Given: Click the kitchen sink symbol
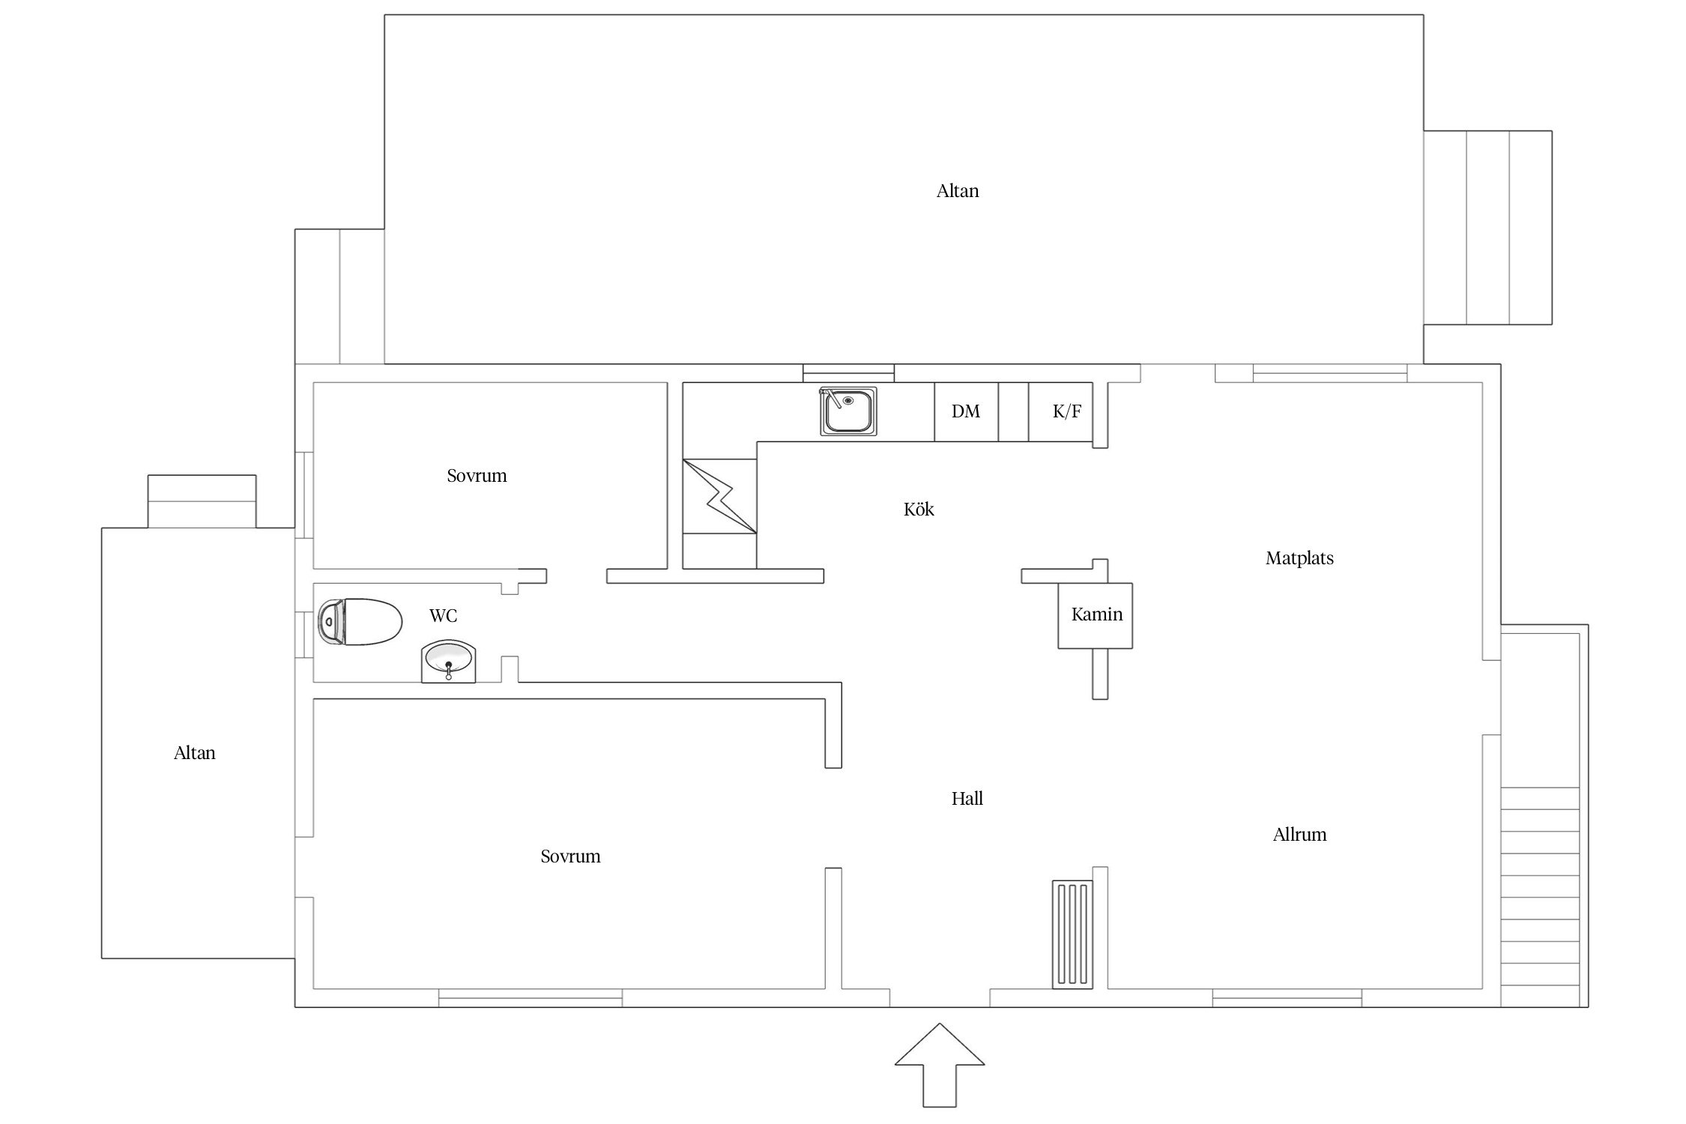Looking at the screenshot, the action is pyautogui.click(x=848, y=411).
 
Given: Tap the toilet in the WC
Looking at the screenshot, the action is pyautogui.click(x=360, y=621).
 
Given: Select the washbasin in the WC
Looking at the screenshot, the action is pyautogui.click(x=448, y=661).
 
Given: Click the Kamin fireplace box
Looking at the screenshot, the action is pyautogui.click(x=1095, y=615).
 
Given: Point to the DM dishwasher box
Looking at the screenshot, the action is pyautogui.click(x=966, y=411).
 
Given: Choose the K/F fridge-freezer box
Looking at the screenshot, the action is pyautogui.click(x=1060, y=411).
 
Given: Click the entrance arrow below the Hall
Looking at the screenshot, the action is pyautogui.click(x=940, y=1064).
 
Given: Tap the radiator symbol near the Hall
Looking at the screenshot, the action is pyautogui.click(x=1072, y=934).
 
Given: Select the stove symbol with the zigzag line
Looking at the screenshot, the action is pyautogui.click(x=719, y=496).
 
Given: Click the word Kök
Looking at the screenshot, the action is pyautogui.click(x=919, y=510).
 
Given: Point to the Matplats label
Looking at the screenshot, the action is pyautogui.click(x=1299, y=558).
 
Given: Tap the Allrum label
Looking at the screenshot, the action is pyautogui.click(x=1299, y=835).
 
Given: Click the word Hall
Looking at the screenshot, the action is pyautogui.click(x=967, y=799).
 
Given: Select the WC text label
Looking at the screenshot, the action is pyautogui.click(x=443, y=616).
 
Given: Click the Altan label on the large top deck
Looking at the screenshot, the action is pyautogui.click(x=958, y=191).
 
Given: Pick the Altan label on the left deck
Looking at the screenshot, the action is pyautogui.click(x=195, y=753).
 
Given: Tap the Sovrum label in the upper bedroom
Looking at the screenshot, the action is pyautogui.click(x=477, y=476).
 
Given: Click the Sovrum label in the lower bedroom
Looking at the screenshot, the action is pyautogui.click(x=570, y=856).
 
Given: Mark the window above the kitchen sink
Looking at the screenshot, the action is pyautogui.click(x=848, y=373).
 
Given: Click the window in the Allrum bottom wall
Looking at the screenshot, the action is pyautogui.click(x=1287, y=998).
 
